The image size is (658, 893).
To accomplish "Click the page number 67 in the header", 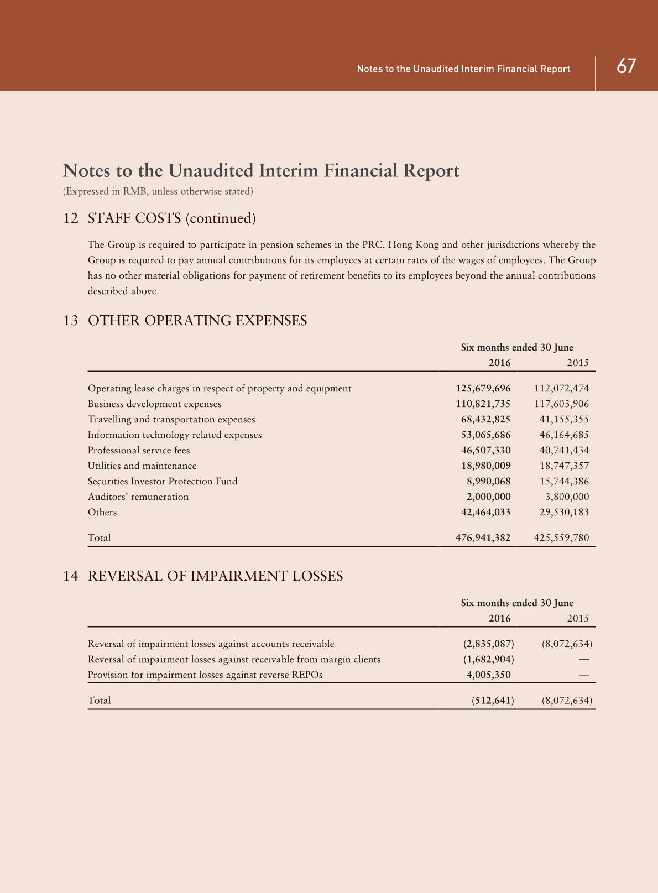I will tap(626, 67).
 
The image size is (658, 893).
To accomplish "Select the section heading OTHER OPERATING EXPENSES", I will tap(197, 321).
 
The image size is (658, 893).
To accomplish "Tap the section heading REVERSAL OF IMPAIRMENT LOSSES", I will tap(215, 576).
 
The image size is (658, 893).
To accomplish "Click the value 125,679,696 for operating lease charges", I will tap(483, 388).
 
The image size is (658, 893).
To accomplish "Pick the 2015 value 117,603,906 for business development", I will tap(561, 404).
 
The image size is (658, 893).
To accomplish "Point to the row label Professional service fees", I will tap(139, 450).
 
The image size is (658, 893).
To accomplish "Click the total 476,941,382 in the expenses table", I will tap(483, 537).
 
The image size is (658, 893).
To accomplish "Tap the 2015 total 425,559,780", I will tap(561, 537).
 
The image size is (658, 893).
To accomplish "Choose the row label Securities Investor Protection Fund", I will tap(163, 481).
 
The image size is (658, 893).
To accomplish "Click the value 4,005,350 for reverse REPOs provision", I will tap(489, 675).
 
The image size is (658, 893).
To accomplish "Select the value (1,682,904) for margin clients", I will tap(488, 659).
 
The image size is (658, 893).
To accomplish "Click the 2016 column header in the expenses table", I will tap(499, 363).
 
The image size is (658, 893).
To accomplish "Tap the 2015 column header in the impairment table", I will tap(578, 618).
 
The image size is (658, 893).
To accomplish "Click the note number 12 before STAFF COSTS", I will tap(71, 218).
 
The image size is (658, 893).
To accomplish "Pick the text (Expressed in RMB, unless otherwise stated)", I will tap(158, 191).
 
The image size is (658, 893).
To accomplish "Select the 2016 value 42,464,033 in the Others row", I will tap(485, 512).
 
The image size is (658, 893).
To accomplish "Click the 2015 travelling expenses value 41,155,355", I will tap(564, 419).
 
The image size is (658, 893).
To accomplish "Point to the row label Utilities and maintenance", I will tap(142, 466).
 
